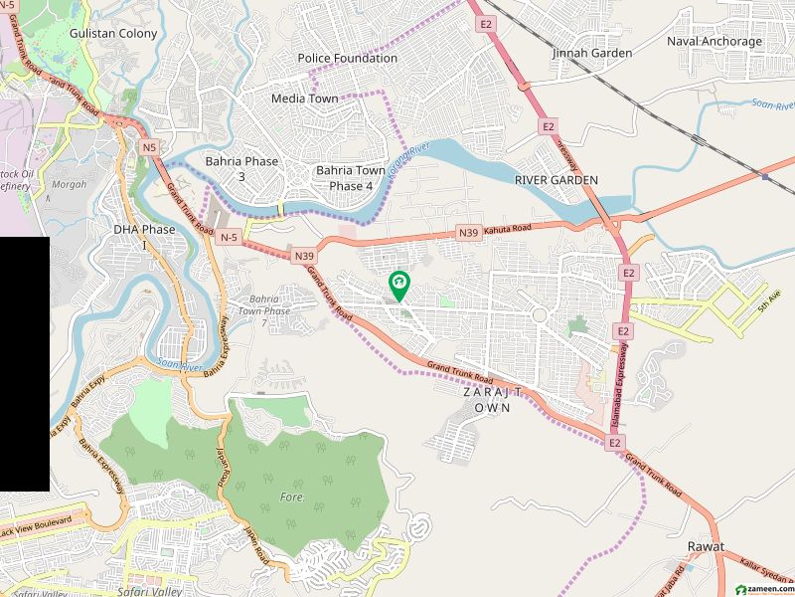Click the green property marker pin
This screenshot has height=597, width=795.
(x=398, y=286)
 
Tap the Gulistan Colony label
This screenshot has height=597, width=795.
(x=113, y=33)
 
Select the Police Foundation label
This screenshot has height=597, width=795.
(x=348, y=58)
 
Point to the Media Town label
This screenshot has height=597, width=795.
(x=304, y=99)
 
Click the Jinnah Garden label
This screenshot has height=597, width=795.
(x=590, y=52)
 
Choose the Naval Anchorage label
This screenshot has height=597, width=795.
(x=714, y=42)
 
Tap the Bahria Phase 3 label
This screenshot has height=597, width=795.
(x=241, y=168)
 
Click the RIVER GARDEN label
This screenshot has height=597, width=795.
(x=556, y=179)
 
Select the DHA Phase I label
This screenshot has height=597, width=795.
(x=144, y=237)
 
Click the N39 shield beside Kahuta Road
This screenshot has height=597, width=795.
(x=469, y=232)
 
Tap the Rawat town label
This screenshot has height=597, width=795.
(x=706, y=547)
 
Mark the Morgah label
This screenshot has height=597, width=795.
(x=70, y=185)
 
